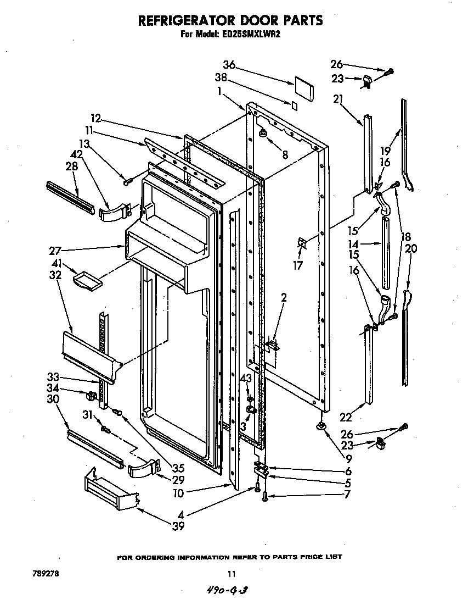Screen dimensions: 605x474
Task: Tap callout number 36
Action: pyautogui.click(x=229, y=65)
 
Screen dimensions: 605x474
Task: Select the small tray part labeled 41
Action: pyautogui.click(x=87, y=280)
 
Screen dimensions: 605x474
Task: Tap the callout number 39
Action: pyautogui.click(x=178, y=526)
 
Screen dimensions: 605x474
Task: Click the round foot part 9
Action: pyautogui.click(x=319, y=427)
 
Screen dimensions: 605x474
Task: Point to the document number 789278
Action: pyautogui.click(x=45, y=574)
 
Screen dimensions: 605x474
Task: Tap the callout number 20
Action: pyautogui.click(x=411, y=248)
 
